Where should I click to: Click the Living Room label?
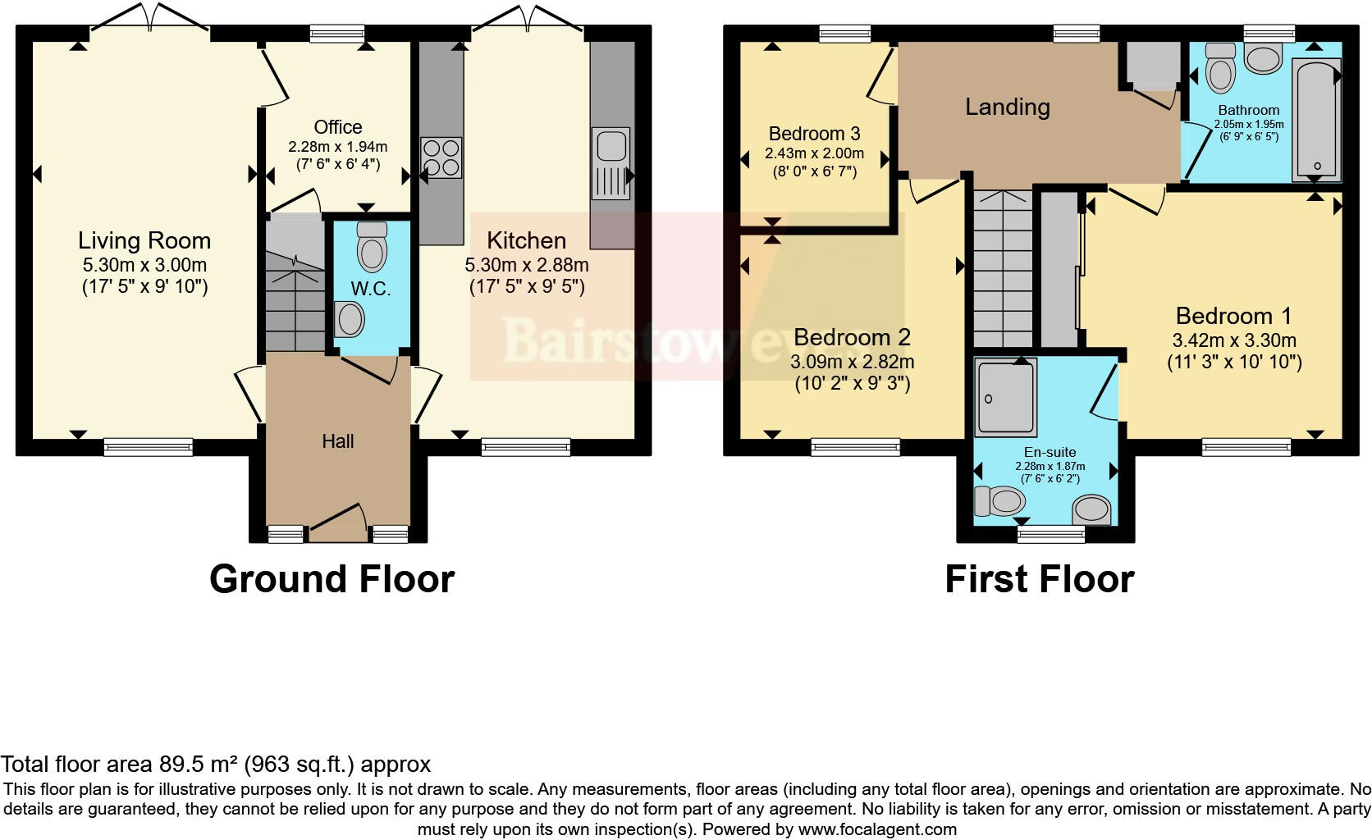(144, 240)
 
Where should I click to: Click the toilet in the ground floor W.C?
(372, 245)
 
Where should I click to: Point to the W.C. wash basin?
(350, 319)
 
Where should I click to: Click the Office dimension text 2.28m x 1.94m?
(337, 147)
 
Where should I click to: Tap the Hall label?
(337, 441)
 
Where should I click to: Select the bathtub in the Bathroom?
(1315, 119)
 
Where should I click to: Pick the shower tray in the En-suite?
(1006, 395)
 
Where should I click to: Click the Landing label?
(1007, 107)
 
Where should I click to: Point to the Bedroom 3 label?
(814, 133)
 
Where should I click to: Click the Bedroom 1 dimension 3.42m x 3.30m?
(1234, 340)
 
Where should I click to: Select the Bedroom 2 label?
(852, 337)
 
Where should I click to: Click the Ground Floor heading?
(332, 579)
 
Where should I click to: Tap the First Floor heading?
(1039, 579)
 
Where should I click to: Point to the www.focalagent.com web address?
(877, 829)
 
